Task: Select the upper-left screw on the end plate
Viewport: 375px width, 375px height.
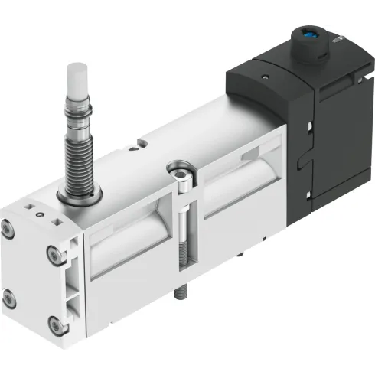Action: [x=8, y=228]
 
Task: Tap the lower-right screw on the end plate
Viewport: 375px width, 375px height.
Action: [x=55, y=325]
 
